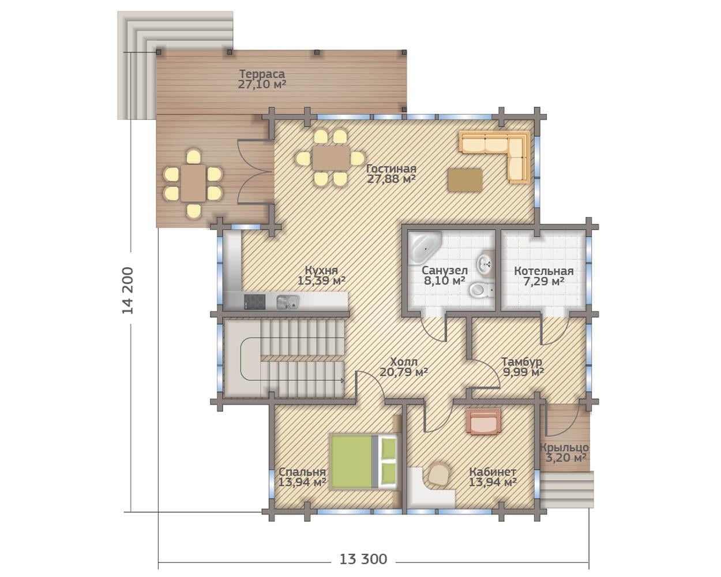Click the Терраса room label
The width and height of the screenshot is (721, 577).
pyautogui.click(x=262, y=74)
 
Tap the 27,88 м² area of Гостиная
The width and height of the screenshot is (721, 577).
pyautogui.click(x=391, y=179)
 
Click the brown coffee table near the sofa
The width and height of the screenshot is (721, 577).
pyautogui.click(x=465, y=180)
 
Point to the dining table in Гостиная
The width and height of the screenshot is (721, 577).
pyautogui.click(x=331, y=158)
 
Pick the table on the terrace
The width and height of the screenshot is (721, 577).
pyautogui.click(x=193, y=183)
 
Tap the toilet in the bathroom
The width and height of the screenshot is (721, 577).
pyautogui.click(x=482, y=290)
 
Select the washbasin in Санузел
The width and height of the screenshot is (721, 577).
pyautogui.click(x=485, y=262)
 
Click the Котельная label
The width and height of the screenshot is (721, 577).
pyautogui.click(x=544, y=271)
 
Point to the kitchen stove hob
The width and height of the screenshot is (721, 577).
pyautogui.click(x=254, y=301)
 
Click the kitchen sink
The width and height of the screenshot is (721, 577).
pyautogui.click(x=288, y=302)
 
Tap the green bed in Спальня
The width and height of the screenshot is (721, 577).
pyautogui.click(x=363, y=462)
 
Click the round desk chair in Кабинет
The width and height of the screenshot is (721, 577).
pyautogui.click(x=438, y=474)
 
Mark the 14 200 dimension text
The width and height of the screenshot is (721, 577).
pyautogui.click(x=127, y=291)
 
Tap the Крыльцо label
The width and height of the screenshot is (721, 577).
pyautogui.click(x=565, y=448)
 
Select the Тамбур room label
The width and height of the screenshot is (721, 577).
pyautogui.click(x=521, y=362)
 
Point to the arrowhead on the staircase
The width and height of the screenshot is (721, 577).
pyautogui.click(x=342, y=381)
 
